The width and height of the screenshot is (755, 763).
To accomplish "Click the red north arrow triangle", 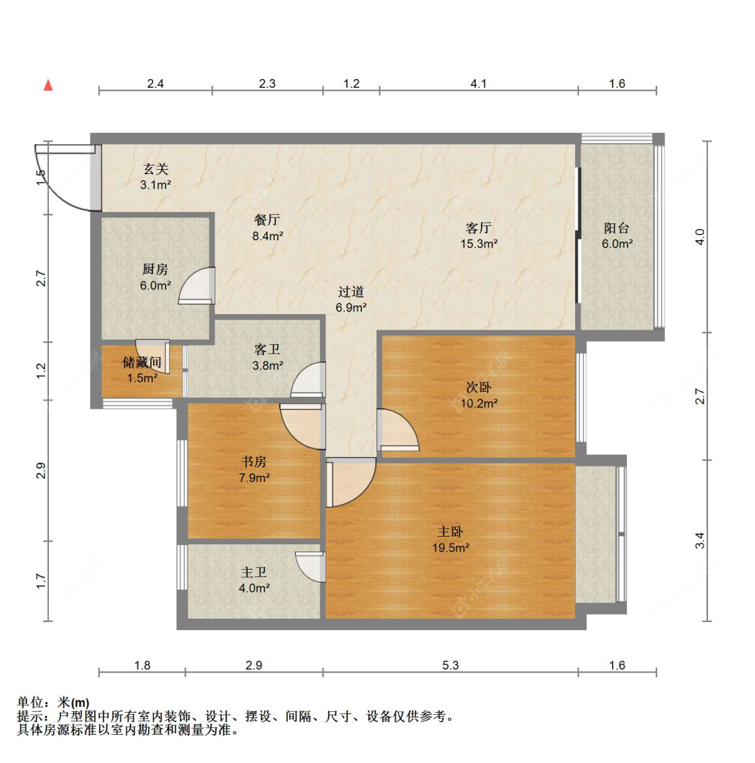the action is pyautogui.click(x=48, y=85).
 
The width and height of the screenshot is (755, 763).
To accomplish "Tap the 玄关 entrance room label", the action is pyautogui.click(x=156, y=169).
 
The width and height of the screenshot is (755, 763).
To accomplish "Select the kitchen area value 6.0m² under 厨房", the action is pyautogui.click(x=155, y=285).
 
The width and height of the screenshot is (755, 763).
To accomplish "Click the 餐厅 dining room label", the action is pyautogui.click(x=267, y=220).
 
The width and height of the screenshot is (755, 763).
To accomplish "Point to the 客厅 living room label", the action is pyautogui.click(x=479, y=227).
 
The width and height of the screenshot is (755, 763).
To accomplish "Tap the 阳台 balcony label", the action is pyautogui.click(x=617, y=227).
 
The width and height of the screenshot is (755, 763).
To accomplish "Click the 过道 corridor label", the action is pyautogui.click(x=351, y=291).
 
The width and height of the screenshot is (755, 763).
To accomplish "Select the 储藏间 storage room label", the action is pyautogui.click(x=142, y=362).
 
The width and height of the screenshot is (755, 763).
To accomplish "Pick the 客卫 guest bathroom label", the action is pyautogui.click(x=267, y=350).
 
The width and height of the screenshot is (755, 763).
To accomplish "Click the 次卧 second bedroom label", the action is pyautogui.click(x=479, y=387).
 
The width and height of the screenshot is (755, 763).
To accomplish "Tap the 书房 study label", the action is pyautogui.click(x=254, y=461).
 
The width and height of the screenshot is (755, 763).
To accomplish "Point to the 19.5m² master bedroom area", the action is pyautogui.click(x=451, y=548).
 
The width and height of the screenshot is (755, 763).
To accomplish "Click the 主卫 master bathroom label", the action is pyautogui.click(x=254, y=572).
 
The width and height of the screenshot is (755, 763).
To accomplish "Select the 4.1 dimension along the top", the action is pyautogui.click(x=479, y=84).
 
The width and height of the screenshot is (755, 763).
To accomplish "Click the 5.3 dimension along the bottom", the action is pyautogui.click(x=450, y=665).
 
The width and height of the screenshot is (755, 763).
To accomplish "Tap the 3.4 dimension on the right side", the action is pyautogui.click(x=699, y=541).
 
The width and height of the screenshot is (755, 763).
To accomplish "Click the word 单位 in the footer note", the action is pyautogui.click(x=30, y=702).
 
